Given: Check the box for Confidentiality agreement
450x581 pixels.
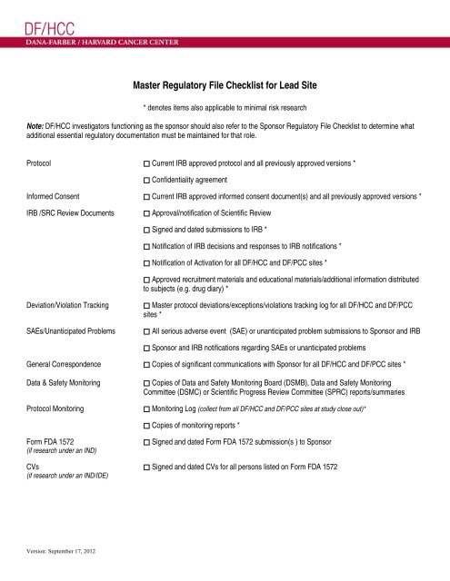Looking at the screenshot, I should tap(147, 179).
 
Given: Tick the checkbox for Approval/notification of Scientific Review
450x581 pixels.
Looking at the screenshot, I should tap(147, 213).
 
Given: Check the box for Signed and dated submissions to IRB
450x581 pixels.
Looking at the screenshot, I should tap(147, 231).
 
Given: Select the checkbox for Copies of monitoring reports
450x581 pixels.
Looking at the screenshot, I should tap(147, 426).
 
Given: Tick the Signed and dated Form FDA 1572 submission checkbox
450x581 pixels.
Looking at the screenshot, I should tap(147, 442).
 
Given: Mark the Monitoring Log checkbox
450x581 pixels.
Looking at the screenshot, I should tap(147, 409).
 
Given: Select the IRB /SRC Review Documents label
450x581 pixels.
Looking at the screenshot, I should tap(68, 213).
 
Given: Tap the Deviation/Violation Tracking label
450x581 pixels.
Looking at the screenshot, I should tap(70, 306).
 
